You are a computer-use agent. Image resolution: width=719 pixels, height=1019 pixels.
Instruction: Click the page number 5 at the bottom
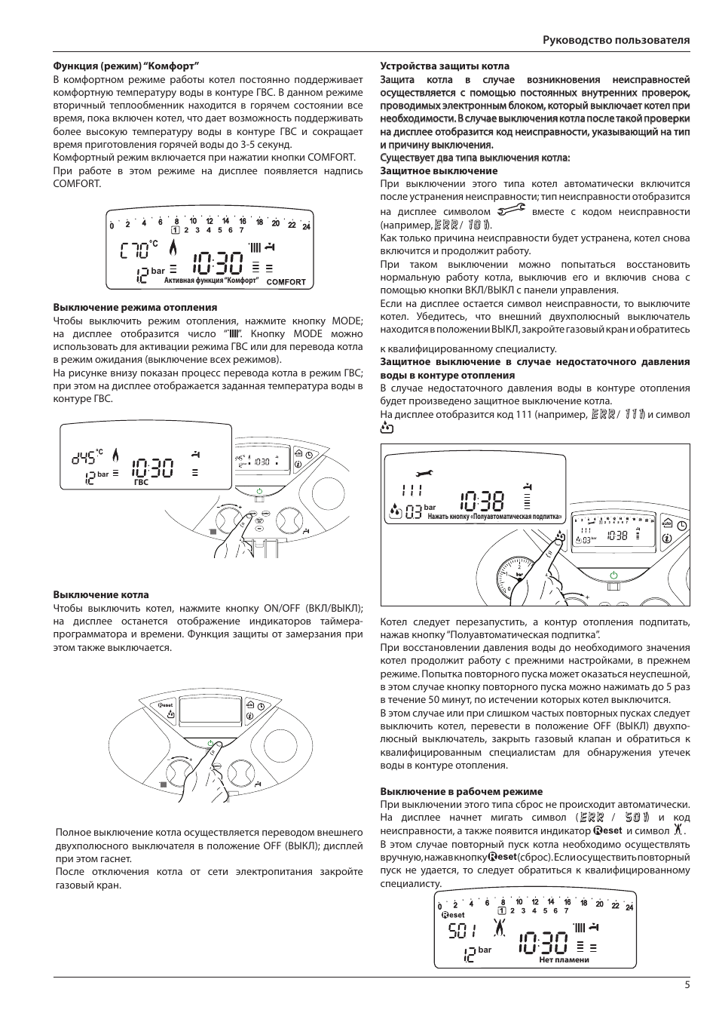[687, 984]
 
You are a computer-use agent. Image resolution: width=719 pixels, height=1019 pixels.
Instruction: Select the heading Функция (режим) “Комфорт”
[125, 66]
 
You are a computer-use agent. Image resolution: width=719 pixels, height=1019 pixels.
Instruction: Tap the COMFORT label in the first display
[286, 282]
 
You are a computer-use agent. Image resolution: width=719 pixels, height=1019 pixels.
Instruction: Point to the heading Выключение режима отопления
[135, 308]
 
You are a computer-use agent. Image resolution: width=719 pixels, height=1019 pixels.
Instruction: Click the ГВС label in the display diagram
[141, 481]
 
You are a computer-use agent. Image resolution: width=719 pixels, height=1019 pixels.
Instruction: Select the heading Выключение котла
[101, 595]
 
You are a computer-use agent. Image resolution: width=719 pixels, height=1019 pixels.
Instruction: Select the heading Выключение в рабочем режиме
[461, 792]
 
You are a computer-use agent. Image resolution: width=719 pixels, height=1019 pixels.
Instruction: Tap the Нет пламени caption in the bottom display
[564, 960]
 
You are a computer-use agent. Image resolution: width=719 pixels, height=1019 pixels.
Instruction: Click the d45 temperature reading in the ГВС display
[84, 457]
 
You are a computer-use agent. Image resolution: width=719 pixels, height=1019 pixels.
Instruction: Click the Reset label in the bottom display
[453, 914]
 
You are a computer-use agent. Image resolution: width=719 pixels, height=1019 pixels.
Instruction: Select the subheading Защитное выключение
[428, 171]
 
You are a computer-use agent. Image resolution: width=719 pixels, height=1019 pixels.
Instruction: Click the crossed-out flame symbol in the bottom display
[500, 930]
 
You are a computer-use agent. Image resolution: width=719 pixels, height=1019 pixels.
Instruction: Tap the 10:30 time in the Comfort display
[217, 263]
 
